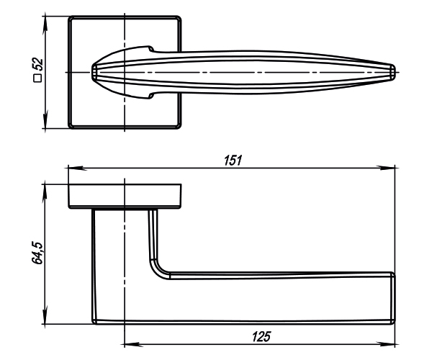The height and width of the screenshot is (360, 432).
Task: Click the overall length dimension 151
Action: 232,161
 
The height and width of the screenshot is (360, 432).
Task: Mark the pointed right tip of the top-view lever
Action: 394,71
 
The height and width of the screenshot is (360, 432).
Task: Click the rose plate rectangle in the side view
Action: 126,197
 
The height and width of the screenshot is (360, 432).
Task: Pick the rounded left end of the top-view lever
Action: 94,71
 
